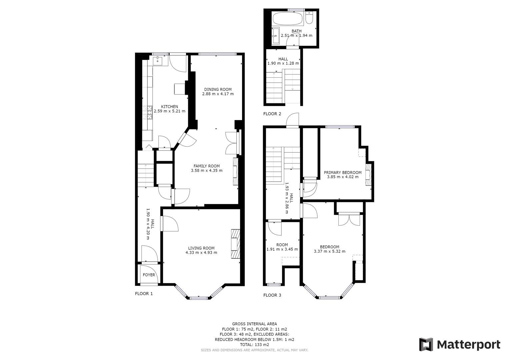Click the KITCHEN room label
tap(170, 107)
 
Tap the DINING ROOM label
tap(218, 89)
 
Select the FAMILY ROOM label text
tap(207, 166)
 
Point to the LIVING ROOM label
tap(201, 248)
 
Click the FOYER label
tap(149, 275)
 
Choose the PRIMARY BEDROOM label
tap(343, 173)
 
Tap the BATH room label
tap(296, 31)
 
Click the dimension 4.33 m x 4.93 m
tap(201, 253)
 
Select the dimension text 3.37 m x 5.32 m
tap(329, 252)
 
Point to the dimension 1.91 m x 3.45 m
tap(282, 249)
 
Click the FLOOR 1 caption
tap(144, 294)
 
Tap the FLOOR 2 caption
tap(272, 114)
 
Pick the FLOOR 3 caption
tap(272, 295)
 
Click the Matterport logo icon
tap(426, 344)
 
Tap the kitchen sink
tap(157, 61)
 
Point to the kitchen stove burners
tap(148, 113)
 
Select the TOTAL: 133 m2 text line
tap(254, 345)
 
